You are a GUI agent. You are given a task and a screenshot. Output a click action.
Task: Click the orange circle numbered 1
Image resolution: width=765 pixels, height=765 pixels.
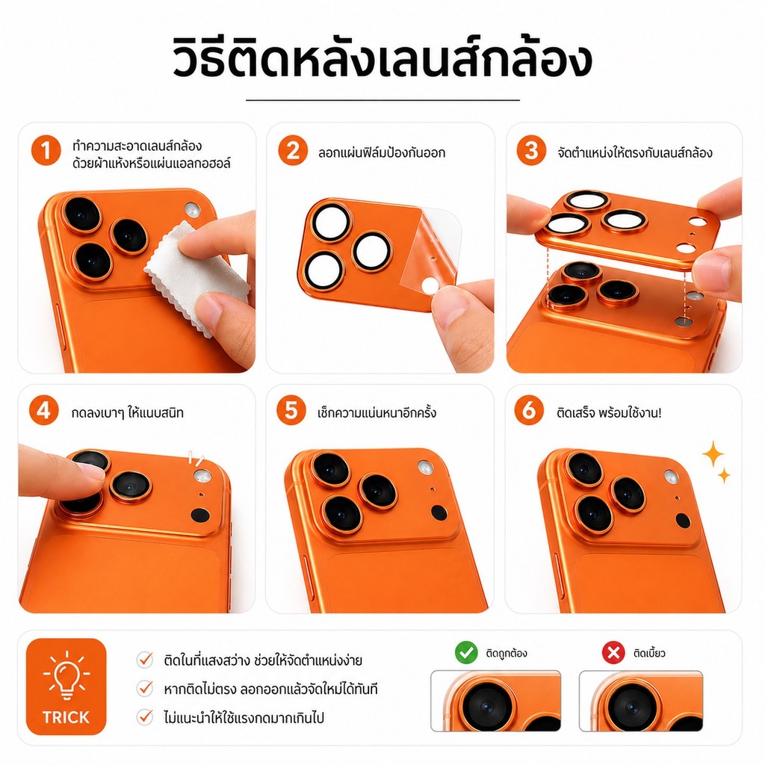coord(46,150)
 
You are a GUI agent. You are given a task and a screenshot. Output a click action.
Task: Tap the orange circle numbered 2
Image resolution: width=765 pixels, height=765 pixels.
coord(293,150)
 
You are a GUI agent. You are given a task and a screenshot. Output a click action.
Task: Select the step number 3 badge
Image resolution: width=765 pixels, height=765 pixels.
coord(531,150)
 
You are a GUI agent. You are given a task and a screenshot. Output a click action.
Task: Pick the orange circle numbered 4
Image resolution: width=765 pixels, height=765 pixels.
coord(44,410)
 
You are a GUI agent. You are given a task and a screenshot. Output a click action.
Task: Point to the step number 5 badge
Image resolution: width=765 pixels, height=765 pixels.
coord(291,410)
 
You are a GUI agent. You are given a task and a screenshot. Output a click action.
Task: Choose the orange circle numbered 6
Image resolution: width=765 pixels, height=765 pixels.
coord(530,410)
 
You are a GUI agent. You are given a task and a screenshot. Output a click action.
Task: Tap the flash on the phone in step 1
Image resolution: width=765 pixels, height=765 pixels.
coord(193,211)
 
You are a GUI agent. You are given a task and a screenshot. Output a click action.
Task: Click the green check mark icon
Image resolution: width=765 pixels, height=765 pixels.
coord(466,653)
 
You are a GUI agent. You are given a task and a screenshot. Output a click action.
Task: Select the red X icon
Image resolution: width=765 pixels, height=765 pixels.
coord(613,653)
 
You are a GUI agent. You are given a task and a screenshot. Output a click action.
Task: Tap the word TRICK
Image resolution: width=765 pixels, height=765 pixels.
coord(66,717)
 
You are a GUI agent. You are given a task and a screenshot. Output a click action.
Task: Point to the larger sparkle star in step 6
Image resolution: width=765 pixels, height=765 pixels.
coord(713,454)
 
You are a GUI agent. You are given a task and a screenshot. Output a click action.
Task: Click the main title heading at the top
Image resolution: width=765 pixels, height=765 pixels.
coord(382,60)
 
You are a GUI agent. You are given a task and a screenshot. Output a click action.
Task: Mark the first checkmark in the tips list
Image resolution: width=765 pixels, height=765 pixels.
coord(145,660)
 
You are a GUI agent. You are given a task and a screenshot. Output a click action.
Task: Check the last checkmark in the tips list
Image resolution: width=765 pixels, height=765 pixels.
coord(145,716)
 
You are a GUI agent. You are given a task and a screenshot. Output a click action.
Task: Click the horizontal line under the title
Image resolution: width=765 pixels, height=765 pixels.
coord(382,100)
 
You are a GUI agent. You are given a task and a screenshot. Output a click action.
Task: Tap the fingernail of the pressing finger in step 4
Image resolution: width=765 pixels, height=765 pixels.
coord(91,471)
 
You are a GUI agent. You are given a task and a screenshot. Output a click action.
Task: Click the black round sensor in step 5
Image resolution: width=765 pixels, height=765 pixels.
coord(439,512)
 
